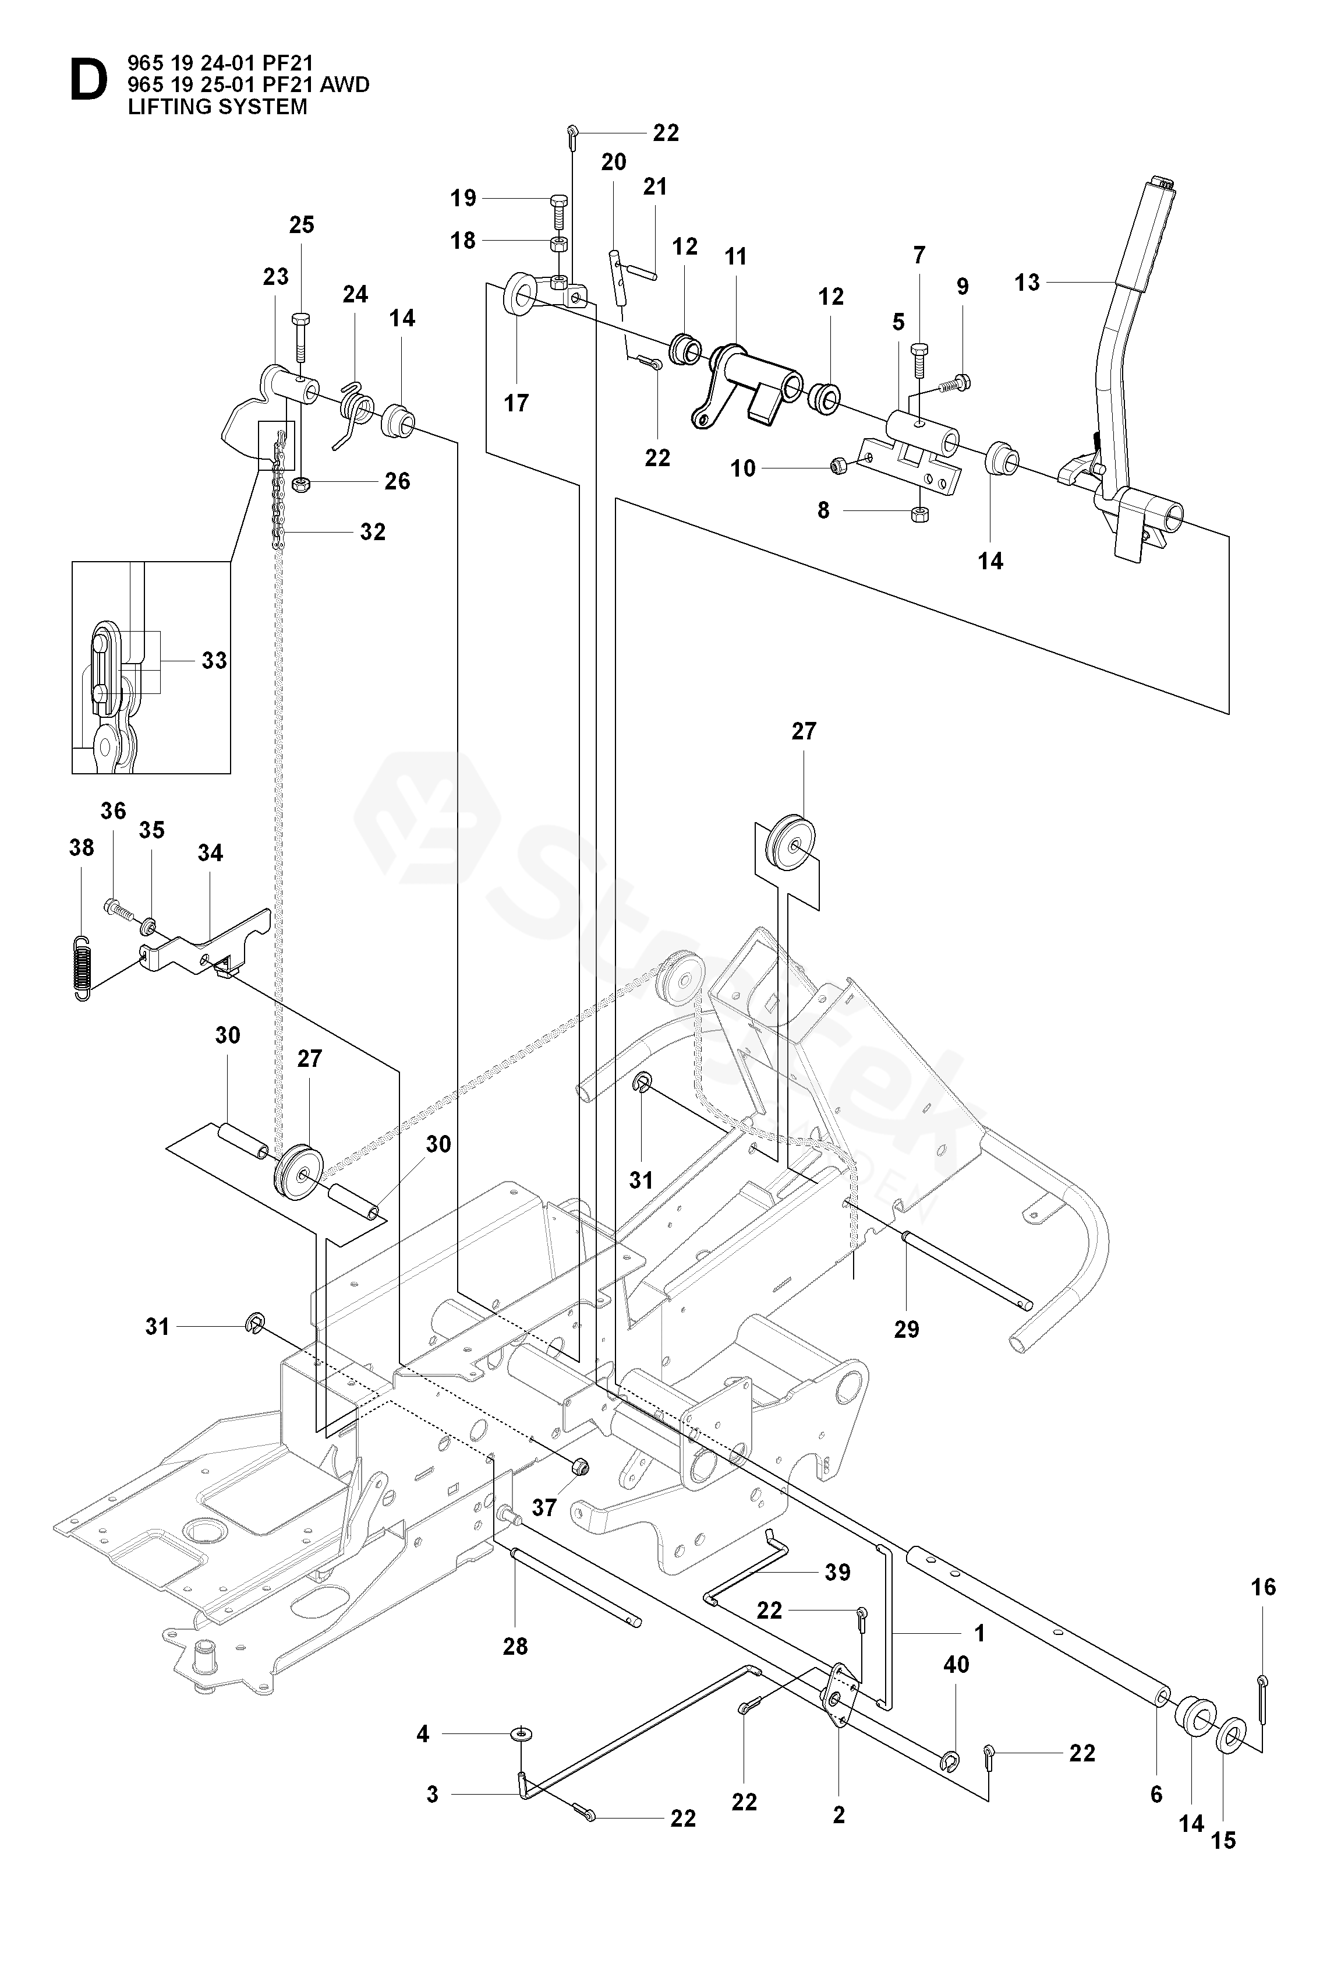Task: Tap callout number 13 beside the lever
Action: point(1027,283)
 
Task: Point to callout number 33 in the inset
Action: point(214,660)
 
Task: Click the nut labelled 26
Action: point(300,485)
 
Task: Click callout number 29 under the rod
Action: point(907,1328)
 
